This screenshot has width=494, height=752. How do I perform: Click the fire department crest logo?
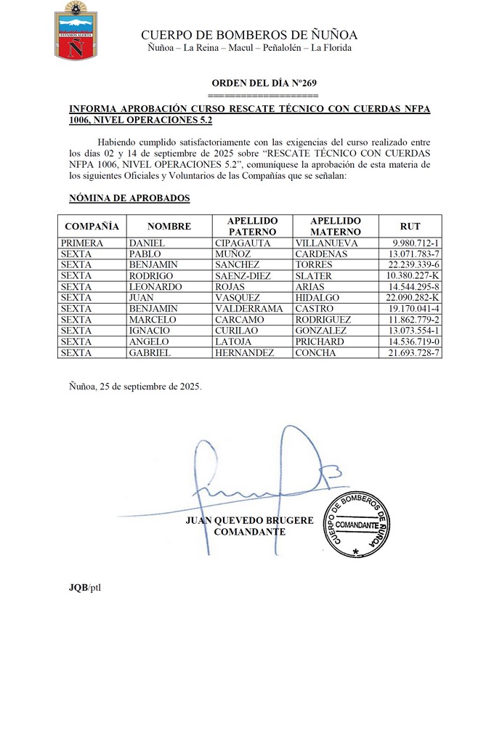click(x=76, y=31)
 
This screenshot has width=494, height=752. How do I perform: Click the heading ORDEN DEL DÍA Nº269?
click(x=264, y=84)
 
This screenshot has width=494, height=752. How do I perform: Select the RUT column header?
click(x=410, y=226)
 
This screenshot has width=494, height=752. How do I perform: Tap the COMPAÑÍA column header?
click(x=92, y=226)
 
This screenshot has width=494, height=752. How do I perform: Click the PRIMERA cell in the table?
click(x=82, y=243)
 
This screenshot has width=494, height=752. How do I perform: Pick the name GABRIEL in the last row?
click(x=150, y=352)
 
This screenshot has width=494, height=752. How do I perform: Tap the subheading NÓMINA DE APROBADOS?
click(x=129, y=198)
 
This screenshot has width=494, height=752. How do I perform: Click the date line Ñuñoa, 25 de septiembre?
click(x=135, y=387)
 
